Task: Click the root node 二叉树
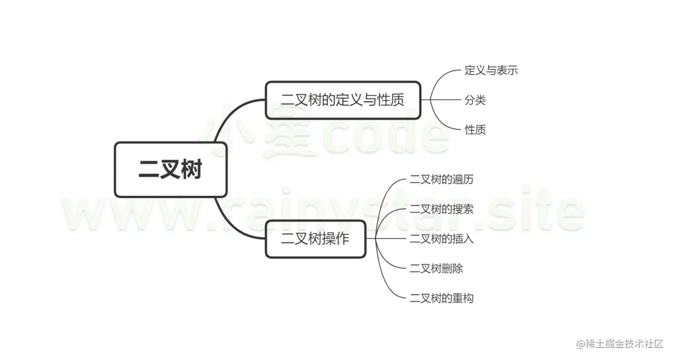pos(170,170)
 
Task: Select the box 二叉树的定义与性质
pos(343,100)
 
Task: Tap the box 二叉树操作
pos(315,239)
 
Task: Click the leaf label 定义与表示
pos(491,71)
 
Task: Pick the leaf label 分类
pos(475,100)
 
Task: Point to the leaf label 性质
pos(475,130)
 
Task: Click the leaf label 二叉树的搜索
pos(441,209)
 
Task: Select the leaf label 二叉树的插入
pos(441,239)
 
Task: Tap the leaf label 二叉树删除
pos(436,268)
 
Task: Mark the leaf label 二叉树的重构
pos(441,298)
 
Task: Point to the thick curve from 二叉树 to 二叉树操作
pos(228,223)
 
